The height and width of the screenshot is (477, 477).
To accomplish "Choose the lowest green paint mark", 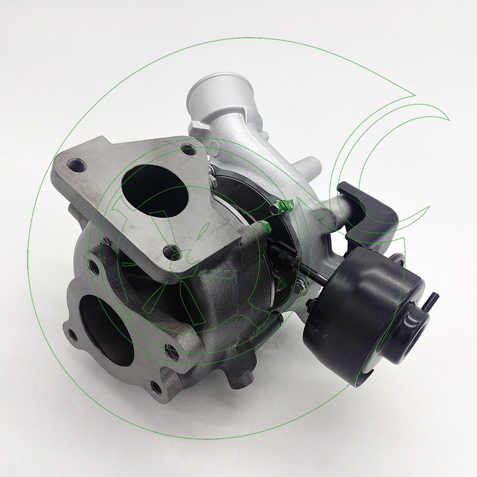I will (x=282, y=285).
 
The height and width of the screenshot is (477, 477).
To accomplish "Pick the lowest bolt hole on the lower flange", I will (x=156, y=387).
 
